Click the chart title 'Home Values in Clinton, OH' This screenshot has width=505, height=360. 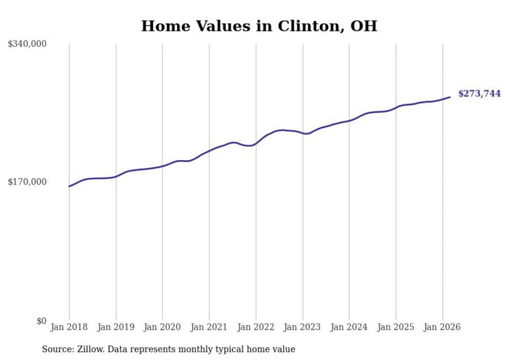point(259,26)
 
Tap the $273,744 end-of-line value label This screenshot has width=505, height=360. point(479,94)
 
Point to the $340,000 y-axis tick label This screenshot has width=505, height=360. point(27,44)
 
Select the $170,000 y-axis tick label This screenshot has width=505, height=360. point(27,182)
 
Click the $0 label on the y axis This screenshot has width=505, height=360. point(41,321)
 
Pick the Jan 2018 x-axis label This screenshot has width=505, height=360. point(69,327)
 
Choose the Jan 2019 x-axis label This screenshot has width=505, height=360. point(116,327)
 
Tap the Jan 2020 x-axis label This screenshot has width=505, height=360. point(162,327)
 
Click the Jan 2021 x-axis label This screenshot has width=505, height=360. point(209,327)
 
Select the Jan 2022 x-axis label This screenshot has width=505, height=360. point(256,327)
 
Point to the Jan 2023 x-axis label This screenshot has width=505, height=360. point(302,327)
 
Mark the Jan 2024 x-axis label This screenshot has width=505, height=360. point(349,327)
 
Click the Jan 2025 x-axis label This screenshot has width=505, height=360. point(396,327)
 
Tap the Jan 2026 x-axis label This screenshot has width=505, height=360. point(442,327)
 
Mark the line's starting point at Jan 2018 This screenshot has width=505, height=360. point(69,186)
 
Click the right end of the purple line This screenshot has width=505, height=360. point(450,97)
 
